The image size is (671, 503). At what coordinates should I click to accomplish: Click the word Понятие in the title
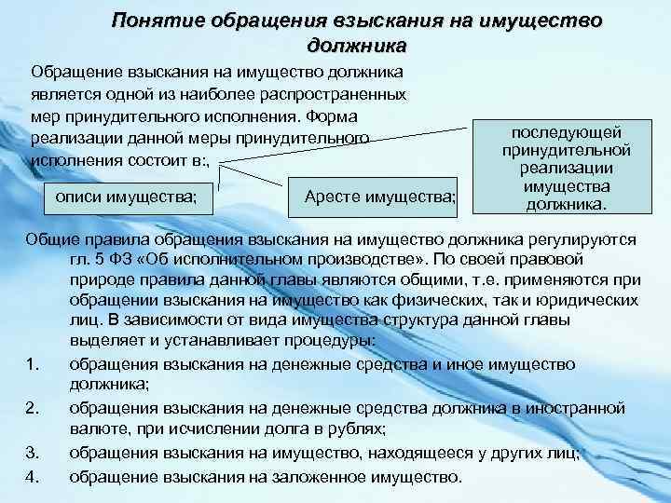pyautogui.click(x=156, y=20)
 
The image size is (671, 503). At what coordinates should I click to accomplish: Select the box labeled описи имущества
pyautogui.click(x=127, y=197)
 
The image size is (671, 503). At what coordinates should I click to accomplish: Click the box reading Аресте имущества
pyautogui.click(x=380, y=197)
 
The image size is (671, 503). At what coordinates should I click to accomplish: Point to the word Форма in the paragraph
pyautogui.click(x=335, y=117)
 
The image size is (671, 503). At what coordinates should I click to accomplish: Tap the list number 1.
pyautogui.click(x=34, y=364)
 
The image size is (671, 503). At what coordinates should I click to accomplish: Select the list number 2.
pyautogui.click(x=34, y=408)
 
